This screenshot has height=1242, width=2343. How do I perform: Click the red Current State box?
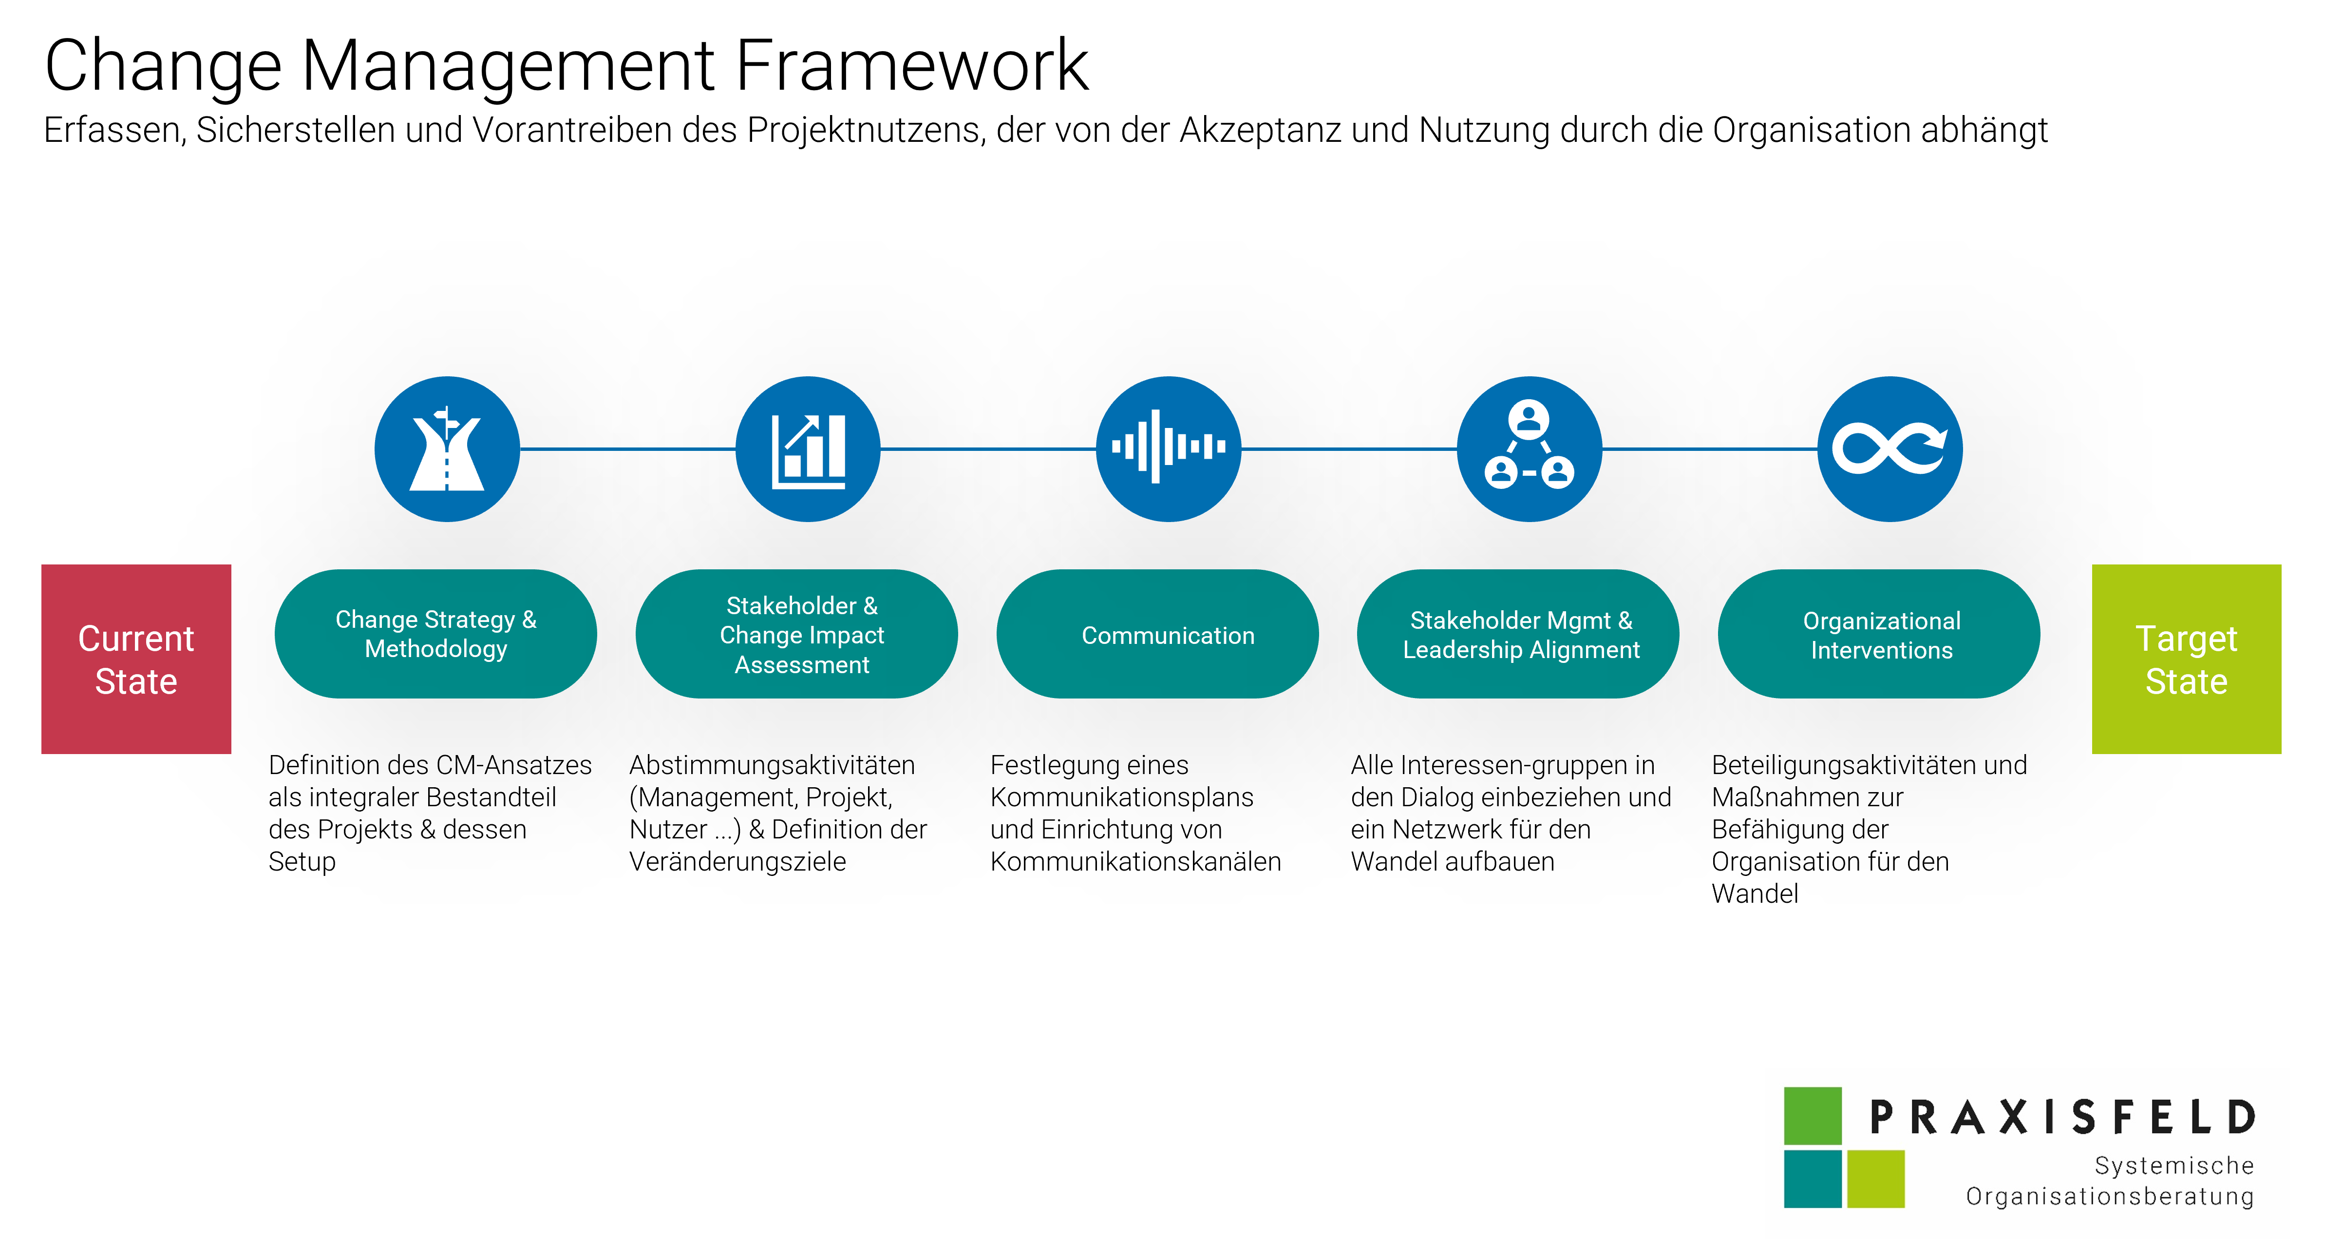pos(136,659)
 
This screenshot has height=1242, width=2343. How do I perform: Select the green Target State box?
pos(2187,659)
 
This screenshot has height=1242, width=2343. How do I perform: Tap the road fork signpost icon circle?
pos(448,448)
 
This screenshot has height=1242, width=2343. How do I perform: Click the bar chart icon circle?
pos(808,448)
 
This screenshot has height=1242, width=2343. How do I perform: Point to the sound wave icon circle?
pos(1169,448)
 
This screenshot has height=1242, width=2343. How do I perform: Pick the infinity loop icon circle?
pos(1890,448)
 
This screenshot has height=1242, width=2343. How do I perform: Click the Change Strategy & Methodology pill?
pos(435,634)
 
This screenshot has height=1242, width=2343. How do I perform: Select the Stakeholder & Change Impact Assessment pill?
pos(797,634)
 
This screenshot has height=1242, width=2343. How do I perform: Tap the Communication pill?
pos(1158,634)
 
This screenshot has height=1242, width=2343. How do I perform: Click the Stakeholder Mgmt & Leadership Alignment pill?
pos(1518,634)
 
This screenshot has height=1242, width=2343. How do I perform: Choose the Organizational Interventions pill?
pos(1879,634)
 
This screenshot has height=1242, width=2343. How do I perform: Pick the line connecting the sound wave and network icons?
pos(1349,448)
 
